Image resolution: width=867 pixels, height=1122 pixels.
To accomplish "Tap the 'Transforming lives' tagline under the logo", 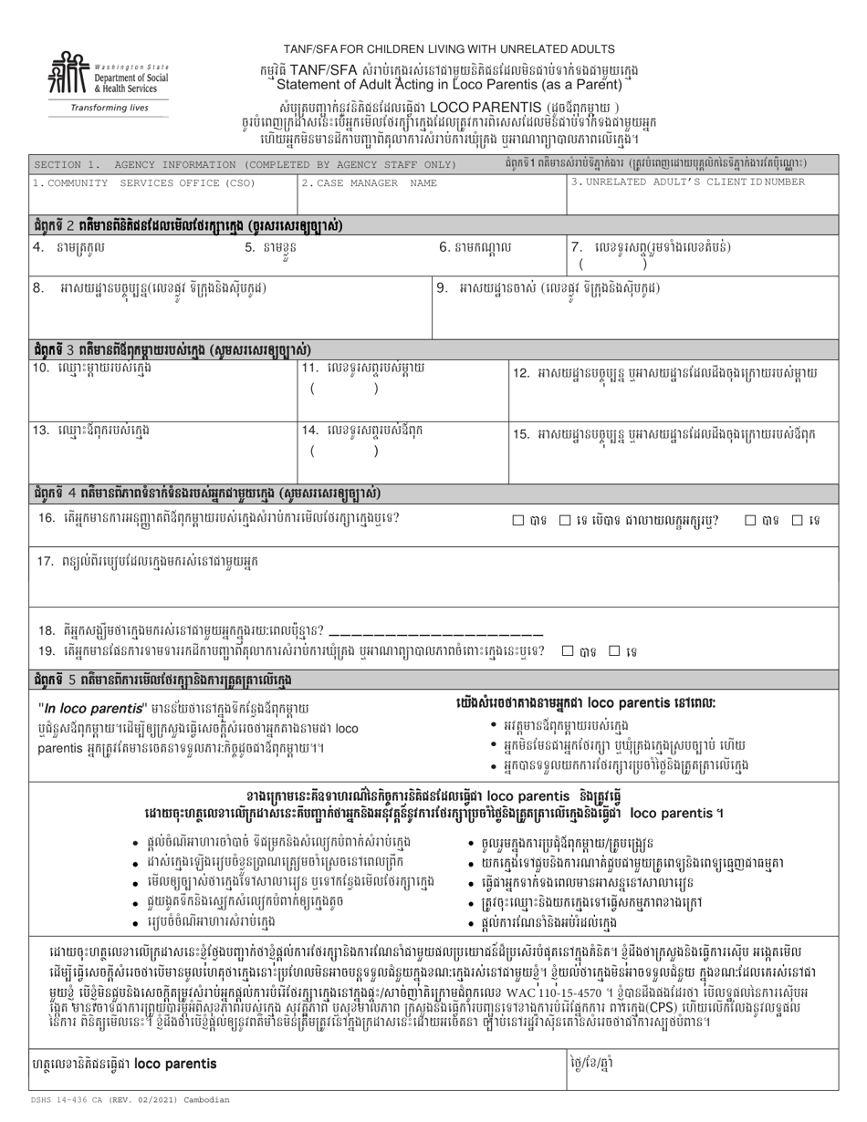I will point(109,108).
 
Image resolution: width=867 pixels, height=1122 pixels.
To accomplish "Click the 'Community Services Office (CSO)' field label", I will point(144,182).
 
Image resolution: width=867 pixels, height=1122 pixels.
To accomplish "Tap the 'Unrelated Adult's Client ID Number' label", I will point(687,182).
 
